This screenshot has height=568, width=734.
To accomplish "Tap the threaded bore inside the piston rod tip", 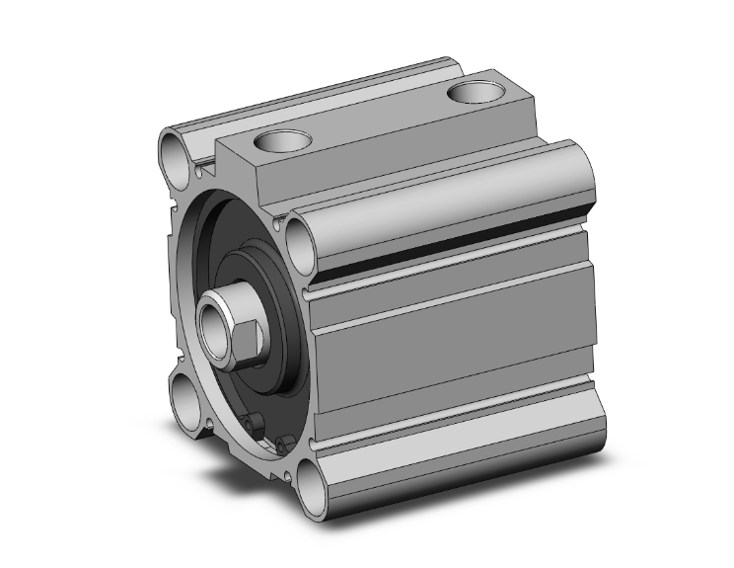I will pyautogui.click(x=214, y=322).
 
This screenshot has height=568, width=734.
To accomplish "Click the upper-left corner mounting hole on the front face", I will pyautogui.click(x=176, y=154).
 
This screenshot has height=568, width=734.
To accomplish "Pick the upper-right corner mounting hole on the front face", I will pyautogui.click(x=301, y=237).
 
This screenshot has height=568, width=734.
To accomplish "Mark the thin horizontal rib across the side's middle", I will pyautogui.click(x=454, y=306).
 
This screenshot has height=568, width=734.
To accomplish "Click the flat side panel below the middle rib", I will pyautogui.click(x=454, y=365).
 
